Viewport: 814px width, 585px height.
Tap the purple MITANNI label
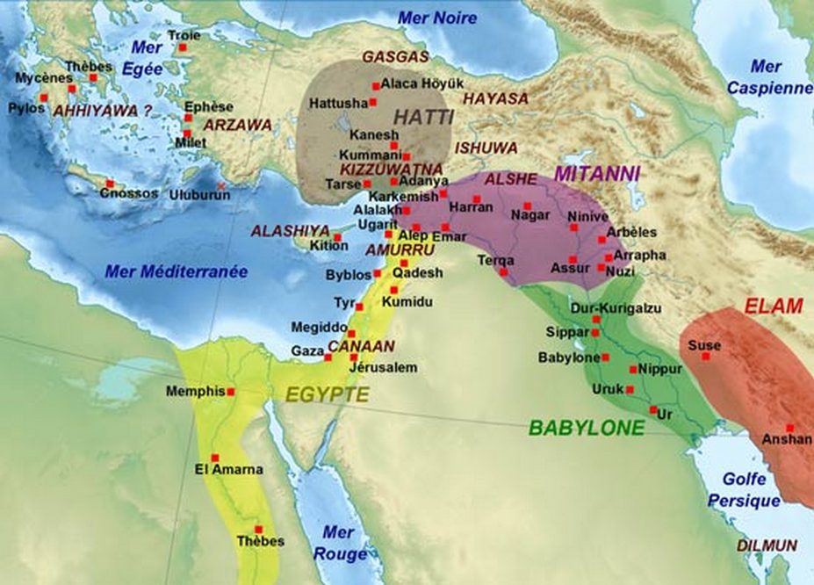(x=597, y=173)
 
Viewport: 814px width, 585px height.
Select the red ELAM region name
(x=774, y=307)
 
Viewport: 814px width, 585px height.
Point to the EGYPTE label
(x=327, y=395)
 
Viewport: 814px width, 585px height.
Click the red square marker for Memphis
(x=231, y=392)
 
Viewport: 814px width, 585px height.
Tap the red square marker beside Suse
(x=705, y=356)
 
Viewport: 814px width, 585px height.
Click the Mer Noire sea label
(x=437, y=18)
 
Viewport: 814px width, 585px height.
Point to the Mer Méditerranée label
(x=176, y=271)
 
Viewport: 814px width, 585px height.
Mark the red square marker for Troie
(x=183, y=47)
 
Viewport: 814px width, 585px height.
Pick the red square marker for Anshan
(x=789, y=428)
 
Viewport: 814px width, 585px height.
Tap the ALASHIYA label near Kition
(x=285, y=230)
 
